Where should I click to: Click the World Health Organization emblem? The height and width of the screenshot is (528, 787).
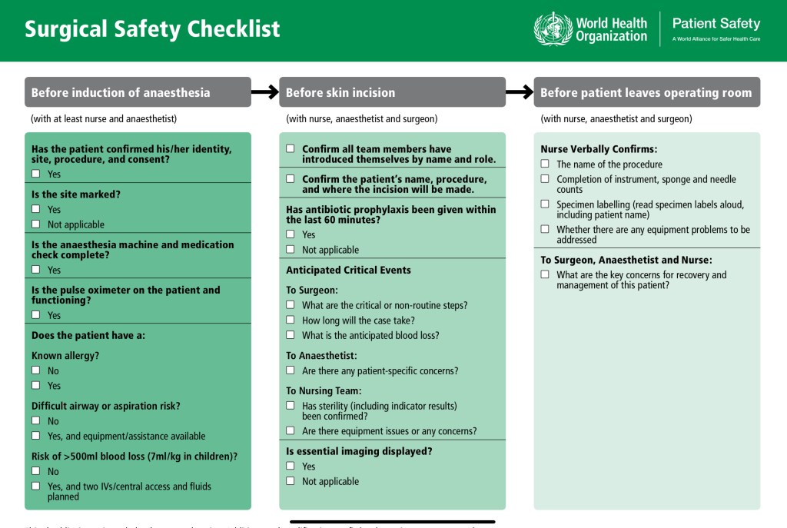tap(553, 29)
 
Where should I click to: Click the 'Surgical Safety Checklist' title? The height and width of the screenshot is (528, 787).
tap(152, 29)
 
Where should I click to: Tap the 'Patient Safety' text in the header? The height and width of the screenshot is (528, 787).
tap(716, 23)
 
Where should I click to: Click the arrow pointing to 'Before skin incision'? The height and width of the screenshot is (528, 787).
tap(264, 92)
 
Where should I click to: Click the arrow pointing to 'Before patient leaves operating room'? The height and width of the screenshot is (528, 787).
tap(520, 92)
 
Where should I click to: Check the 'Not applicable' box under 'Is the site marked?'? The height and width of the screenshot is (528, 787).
tap(36, 224)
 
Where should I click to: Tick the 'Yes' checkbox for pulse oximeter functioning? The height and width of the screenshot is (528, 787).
tap(36, 315)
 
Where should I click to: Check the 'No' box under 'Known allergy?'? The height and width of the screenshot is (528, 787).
tap(36, 370)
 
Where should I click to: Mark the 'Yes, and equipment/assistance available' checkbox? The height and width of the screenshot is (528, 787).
tap(36, 436)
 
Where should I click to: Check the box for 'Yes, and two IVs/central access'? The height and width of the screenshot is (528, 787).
tap(36, 486)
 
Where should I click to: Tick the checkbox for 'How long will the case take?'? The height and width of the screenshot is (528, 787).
tap(291, 320)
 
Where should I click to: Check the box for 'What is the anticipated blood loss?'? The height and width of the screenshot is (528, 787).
tap(291, 335)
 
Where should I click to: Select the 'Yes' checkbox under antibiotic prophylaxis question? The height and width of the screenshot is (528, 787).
tap(291, 234)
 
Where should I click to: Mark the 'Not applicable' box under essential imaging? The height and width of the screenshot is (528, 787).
tap(291, 481)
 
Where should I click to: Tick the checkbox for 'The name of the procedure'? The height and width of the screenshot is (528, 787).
tap(545, 164)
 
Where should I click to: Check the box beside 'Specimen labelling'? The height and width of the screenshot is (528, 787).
tap(545, 204)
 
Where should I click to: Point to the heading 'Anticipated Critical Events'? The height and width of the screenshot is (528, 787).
tap(348, 270)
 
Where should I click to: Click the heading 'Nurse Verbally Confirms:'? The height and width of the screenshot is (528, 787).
tap(599, 149)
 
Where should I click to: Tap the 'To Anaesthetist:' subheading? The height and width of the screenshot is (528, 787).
tap(321, 356)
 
